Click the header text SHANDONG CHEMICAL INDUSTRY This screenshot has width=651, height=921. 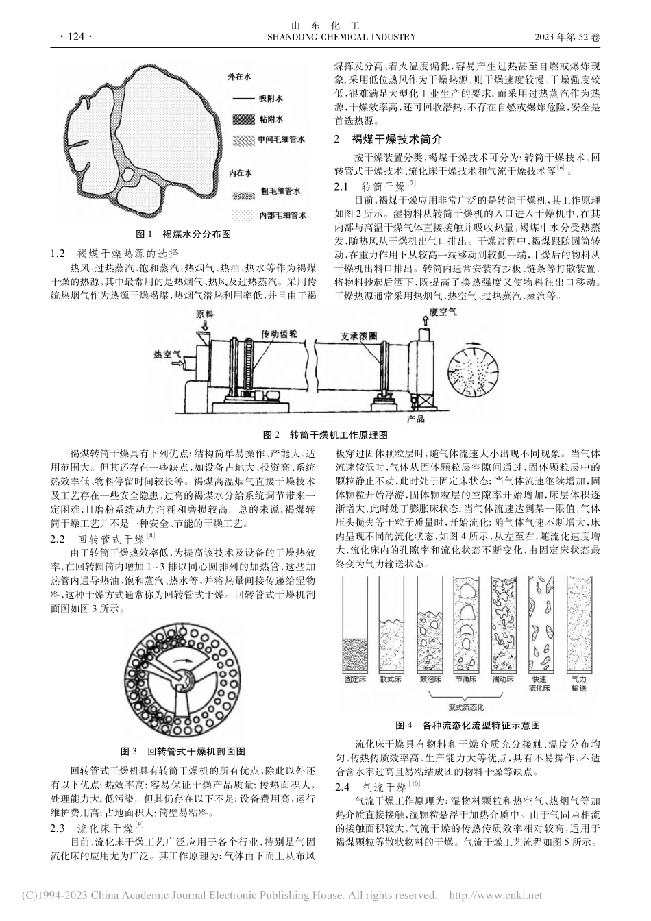[325, 37]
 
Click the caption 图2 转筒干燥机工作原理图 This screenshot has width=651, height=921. [326, 434]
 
